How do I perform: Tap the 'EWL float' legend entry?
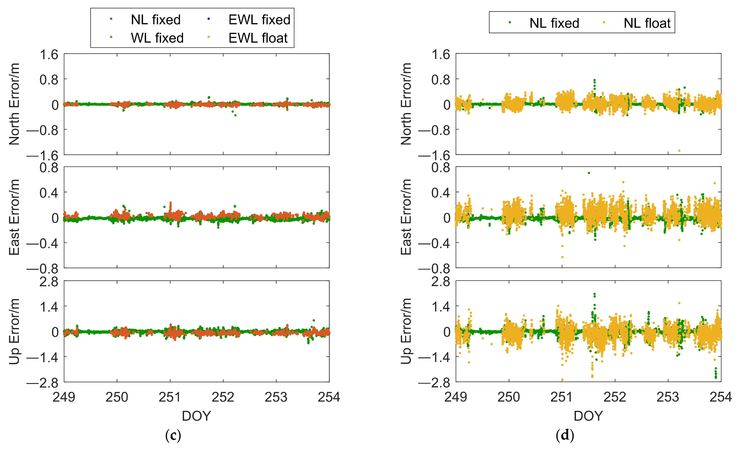(x=258, y=38)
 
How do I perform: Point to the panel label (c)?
(x=173, y=435)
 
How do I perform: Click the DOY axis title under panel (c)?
(x=196, y=416)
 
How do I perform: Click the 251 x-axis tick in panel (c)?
(x=170, y=397)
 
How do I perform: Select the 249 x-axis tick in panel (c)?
(x=64, y=397)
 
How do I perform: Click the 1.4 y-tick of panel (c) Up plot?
(x=49, y=307)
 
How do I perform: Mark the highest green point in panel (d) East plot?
(x=589, y=173)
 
